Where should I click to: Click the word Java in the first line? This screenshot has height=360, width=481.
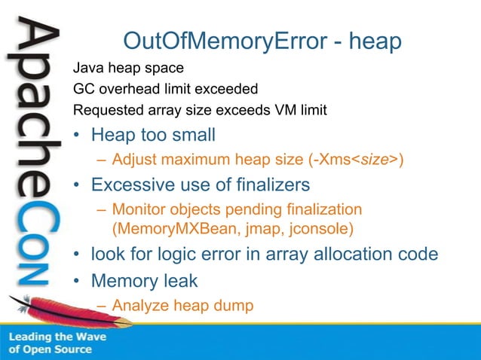[x=87, y=69]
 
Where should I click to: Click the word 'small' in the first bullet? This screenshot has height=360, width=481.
[x=194, y=136]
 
